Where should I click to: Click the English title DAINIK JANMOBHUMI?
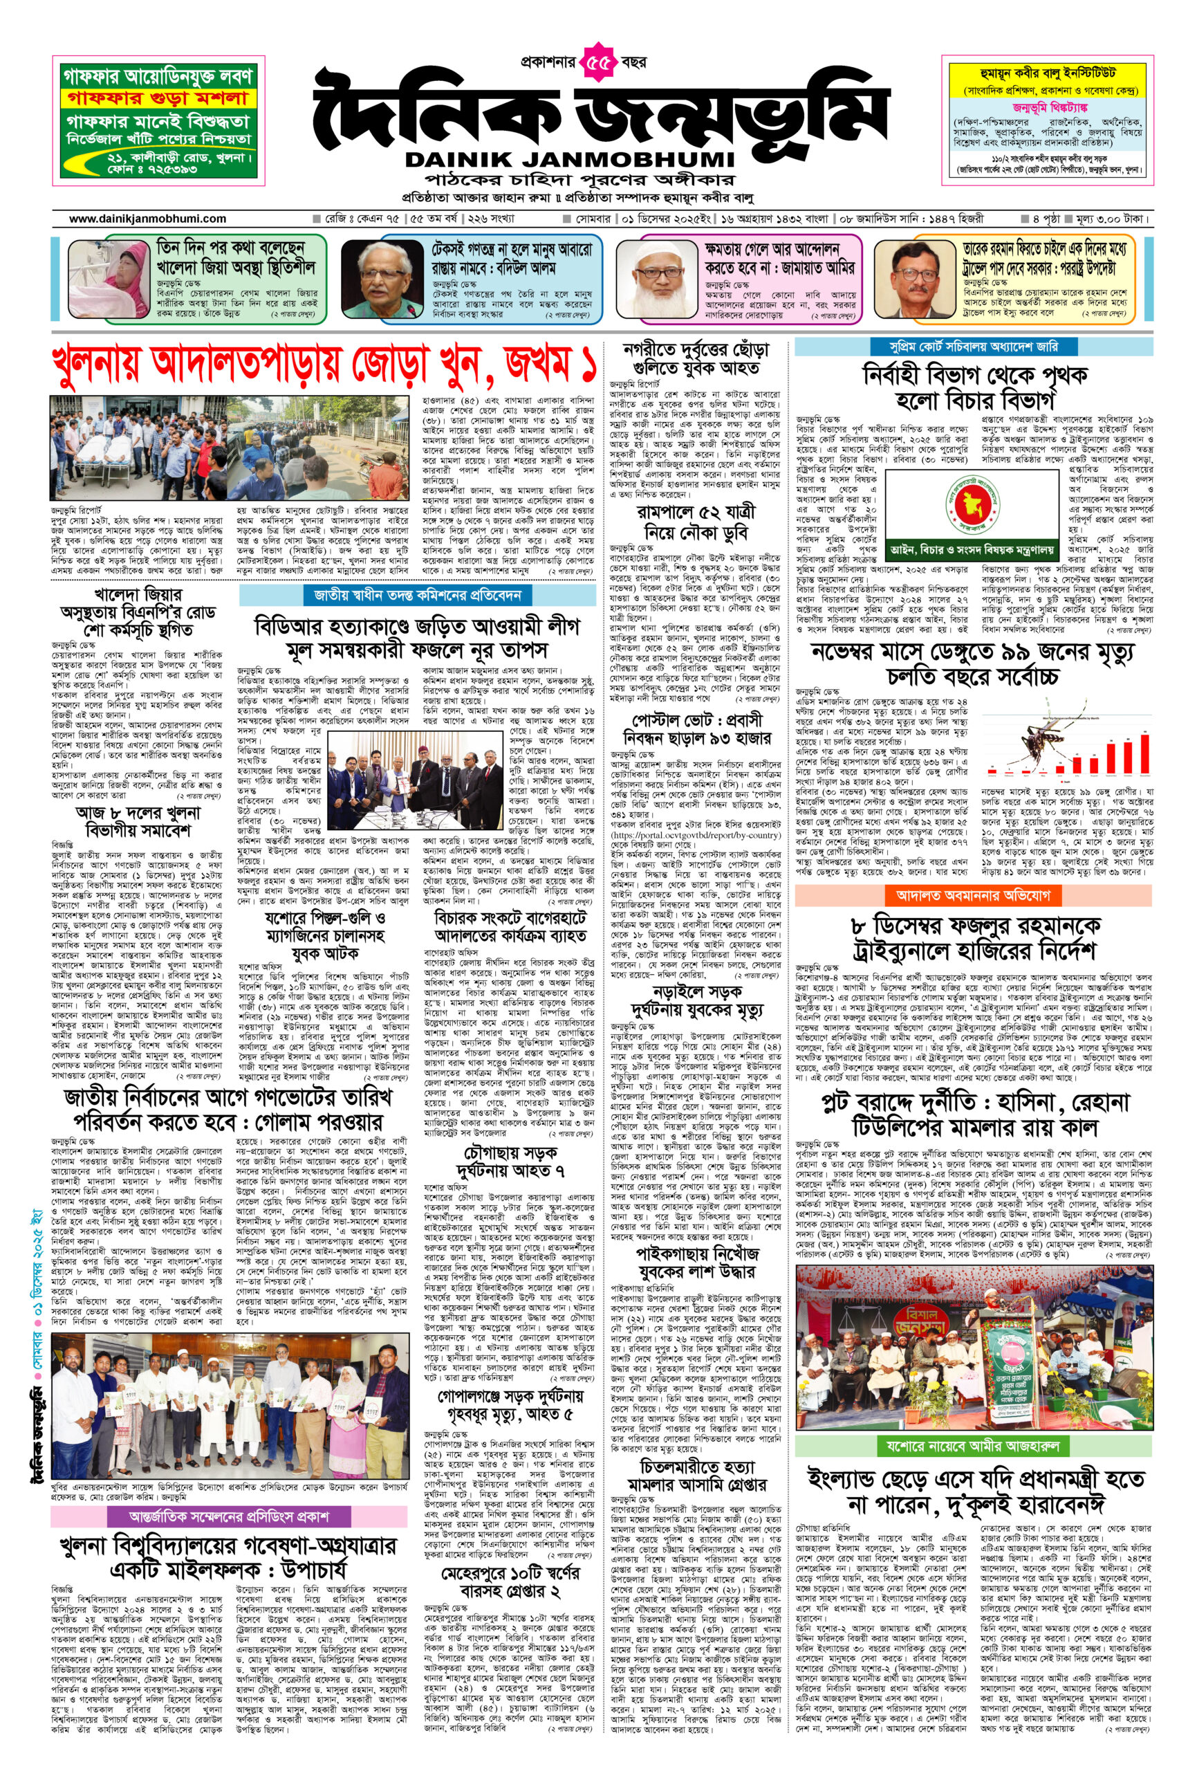[570, 160]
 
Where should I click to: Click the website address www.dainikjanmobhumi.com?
[148, 219]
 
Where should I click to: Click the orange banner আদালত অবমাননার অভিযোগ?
[973, 895]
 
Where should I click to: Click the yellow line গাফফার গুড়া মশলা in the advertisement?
[158, 98]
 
